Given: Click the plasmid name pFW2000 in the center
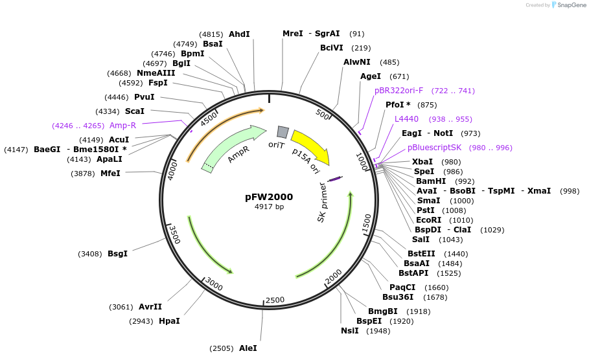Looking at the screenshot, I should pyautogui.click(x=269, y=197).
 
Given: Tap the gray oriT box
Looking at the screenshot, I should pyautogui.click(x=282, y=131).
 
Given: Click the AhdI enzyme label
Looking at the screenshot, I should pyautogui.click(x=239, y=34).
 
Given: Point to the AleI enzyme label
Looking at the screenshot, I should pyautogui.click(x=248, y=348).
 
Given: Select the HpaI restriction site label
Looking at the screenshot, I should pyautogui.click(x=169, y=321).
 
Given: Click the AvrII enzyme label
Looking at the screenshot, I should pyautogui.click(x=150, y=306).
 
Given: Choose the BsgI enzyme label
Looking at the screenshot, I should pyautogui.click(x=117, y=253).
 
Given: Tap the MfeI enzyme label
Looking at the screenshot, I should pyautogui.click(x=110, y=173).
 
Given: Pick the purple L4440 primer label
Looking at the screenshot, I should pyautogui.click(x=406, y=118).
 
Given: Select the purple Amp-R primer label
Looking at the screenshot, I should pyautogui.click(x=122, y=125).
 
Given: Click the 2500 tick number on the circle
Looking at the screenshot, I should pyautogui.click(x=275, y=300).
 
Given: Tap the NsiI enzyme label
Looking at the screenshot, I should pyautogui.click(x=349, y=331).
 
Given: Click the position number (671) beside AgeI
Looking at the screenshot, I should pyautogui.click(x=399, y=76).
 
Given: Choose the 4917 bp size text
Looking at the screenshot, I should pyautogui.click(x=269, y=207).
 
